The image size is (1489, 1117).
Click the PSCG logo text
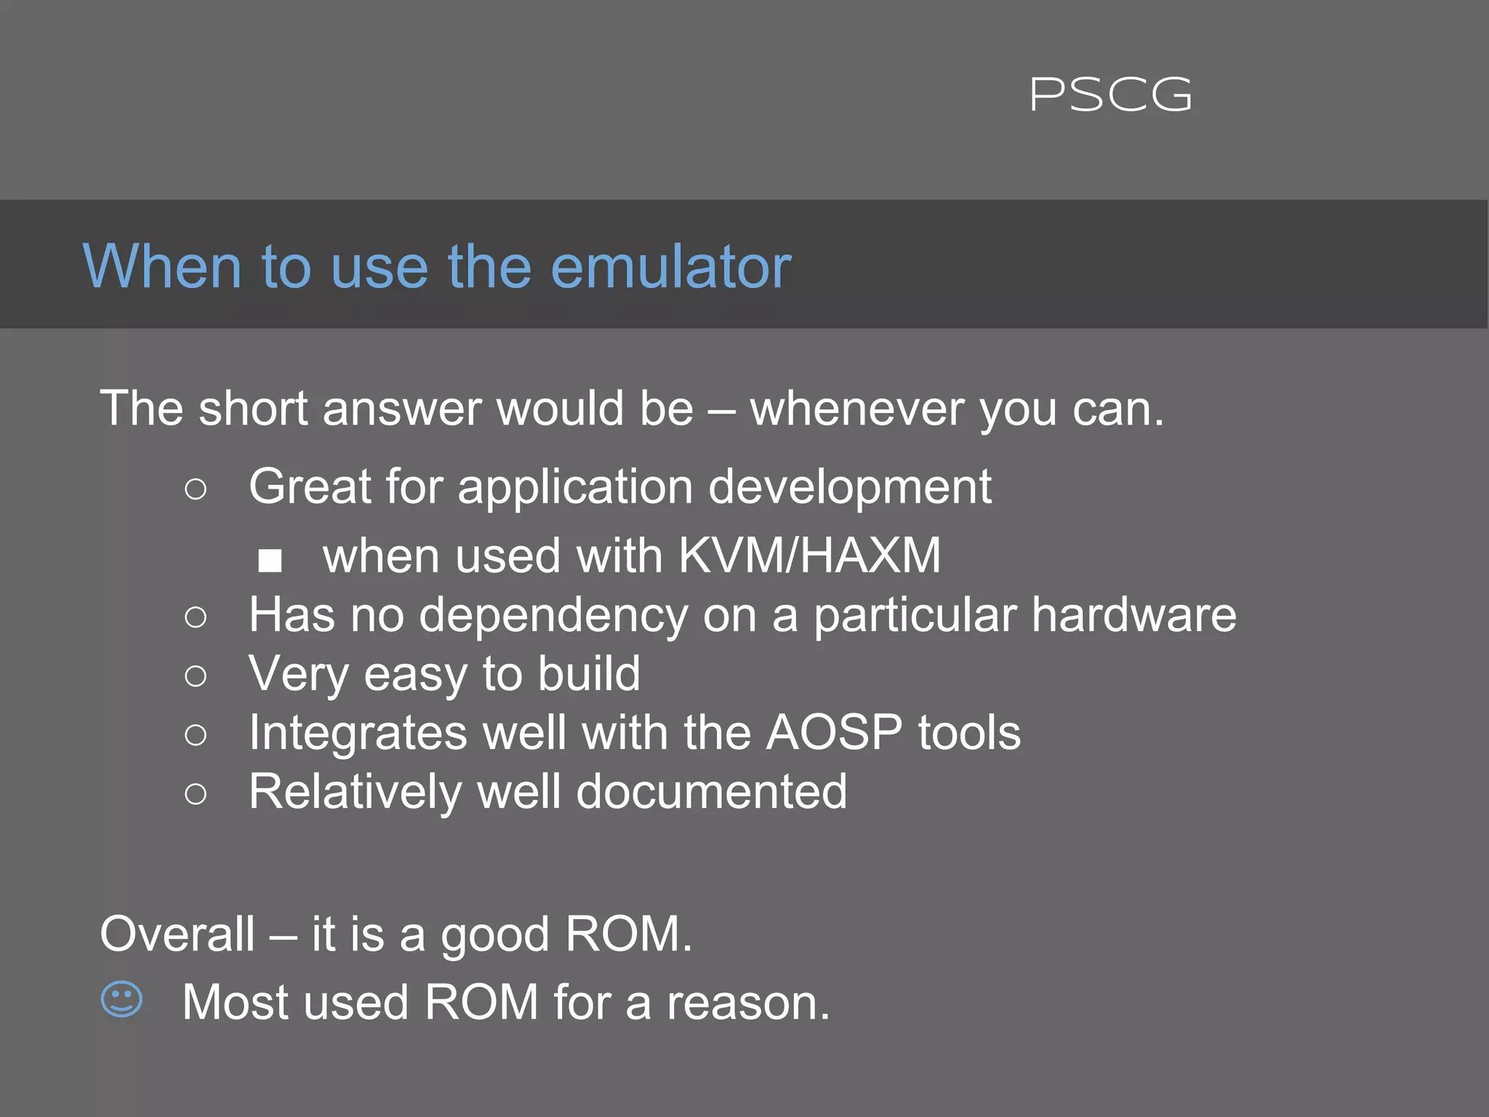coord(1111,95)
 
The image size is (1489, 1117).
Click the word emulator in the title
coord(670,267)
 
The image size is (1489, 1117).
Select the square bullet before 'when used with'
coord(270,560)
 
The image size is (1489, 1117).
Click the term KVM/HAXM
coord(809,556)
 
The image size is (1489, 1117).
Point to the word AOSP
coord(834,732)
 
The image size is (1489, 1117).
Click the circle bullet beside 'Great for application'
coord(196,489)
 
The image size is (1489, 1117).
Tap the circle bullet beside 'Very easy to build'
coord(196,676)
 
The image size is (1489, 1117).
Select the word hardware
coord(1133,615)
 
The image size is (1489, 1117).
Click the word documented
coord(711,791)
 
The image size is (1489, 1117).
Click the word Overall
coord(177,934)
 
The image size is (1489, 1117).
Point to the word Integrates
coord(358,733)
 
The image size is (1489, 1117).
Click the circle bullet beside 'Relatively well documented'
coord(196,793)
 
